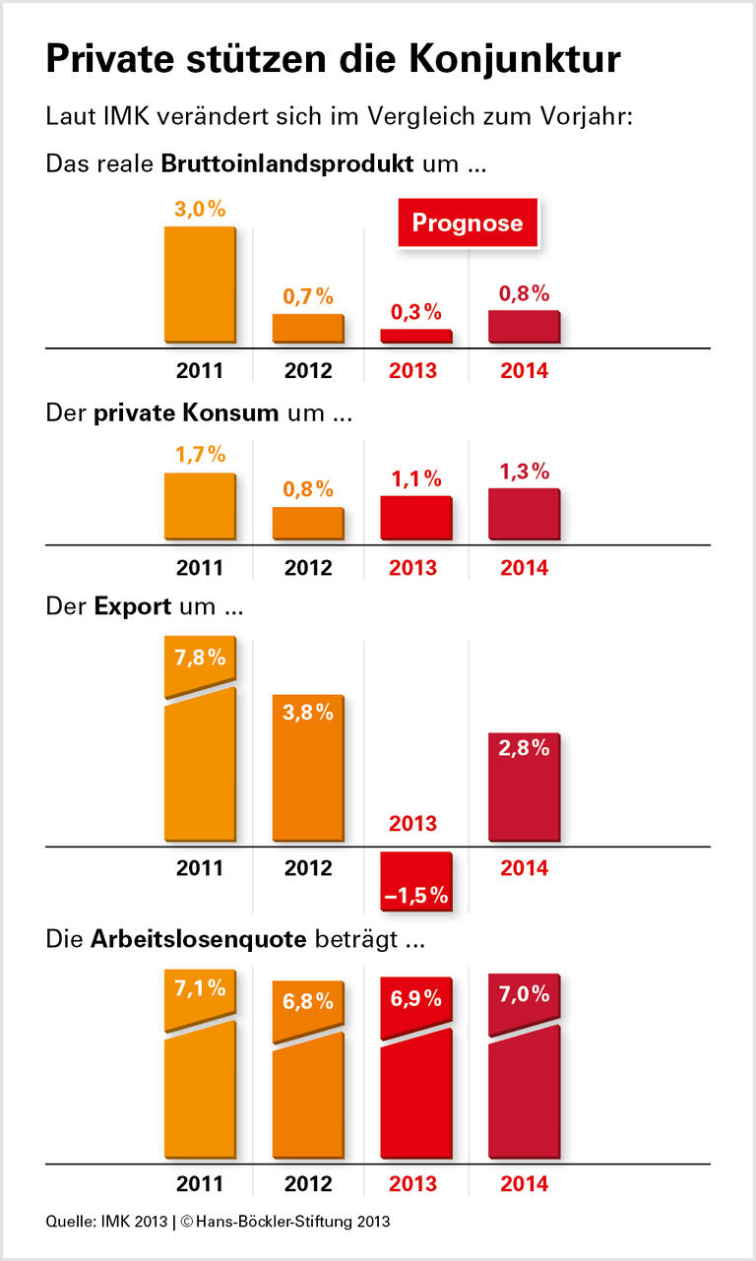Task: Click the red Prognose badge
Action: tap(467, 222)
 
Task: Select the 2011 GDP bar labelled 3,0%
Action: tap(200, 285)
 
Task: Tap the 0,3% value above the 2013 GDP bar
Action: tap(415, 312)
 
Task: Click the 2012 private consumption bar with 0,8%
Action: tap(308, 523)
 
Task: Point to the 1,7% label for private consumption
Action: tap(201, 455)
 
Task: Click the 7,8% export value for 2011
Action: tap(201, 658)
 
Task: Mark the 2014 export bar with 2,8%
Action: tap(524, 788)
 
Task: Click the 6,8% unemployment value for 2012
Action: tap(308, 1001)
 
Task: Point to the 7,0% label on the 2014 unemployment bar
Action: tap(524, 994)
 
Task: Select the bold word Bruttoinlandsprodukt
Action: tap(286, 163)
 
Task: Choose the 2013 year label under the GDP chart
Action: tap(414, 372)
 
